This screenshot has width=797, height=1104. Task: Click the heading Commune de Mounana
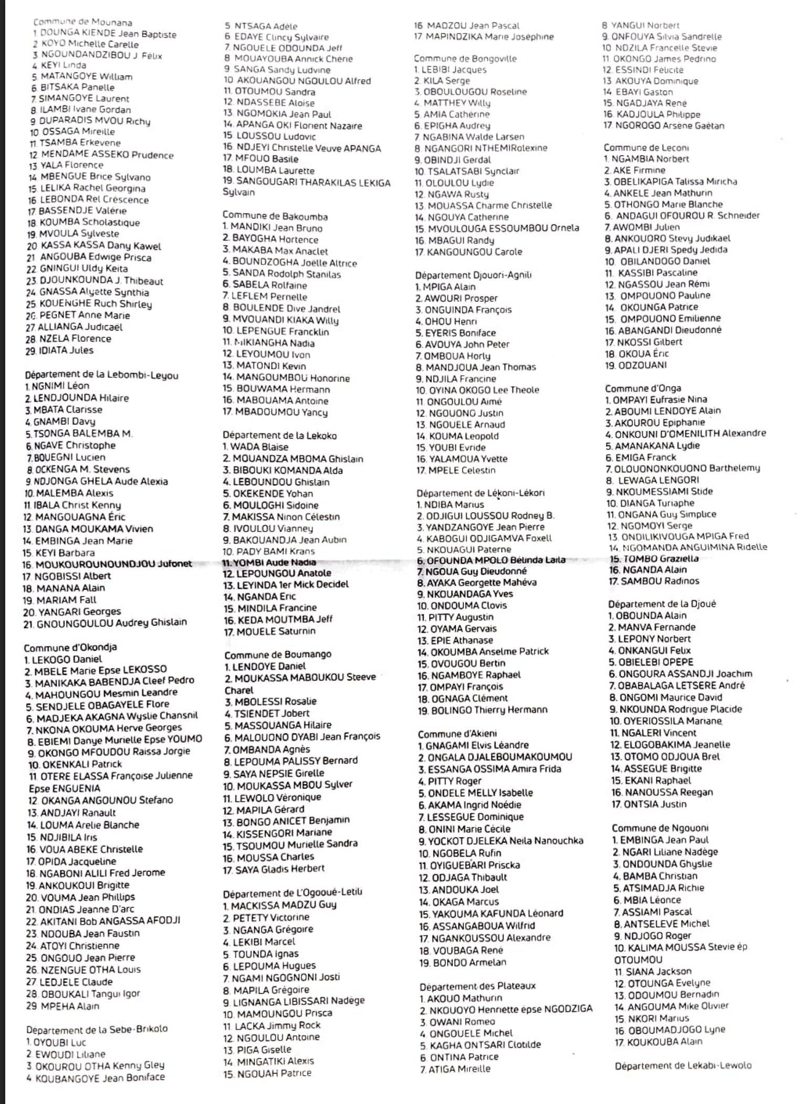[x=82, y=22]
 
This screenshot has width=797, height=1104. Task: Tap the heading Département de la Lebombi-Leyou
[x=101, y=375]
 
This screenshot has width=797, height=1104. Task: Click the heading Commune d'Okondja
[x=70, y=647]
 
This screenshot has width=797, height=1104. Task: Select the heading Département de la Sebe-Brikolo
[x=97, y=1028]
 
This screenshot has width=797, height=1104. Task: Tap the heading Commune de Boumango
[x=278, y=654]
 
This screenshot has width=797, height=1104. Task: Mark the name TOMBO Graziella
[x=654, y=558]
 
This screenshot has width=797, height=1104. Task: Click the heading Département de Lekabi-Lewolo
[x=683, y=1065]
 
